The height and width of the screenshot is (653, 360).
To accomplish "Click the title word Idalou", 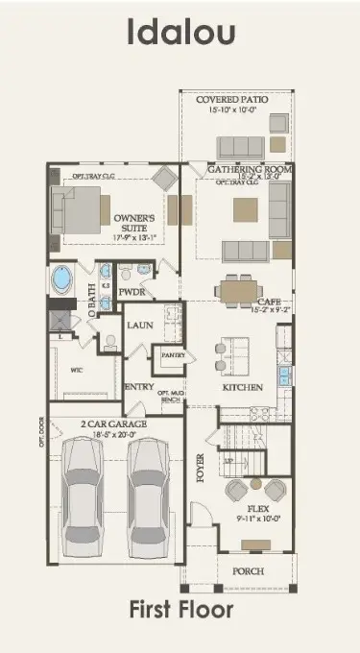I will pyautogui.click(x=180, y=34).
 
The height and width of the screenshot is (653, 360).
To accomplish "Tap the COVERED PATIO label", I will pyautogui.click(x=231, y=99).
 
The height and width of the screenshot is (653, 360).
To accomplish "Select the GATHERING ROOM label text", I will pyautogui.click(x=250, y=169).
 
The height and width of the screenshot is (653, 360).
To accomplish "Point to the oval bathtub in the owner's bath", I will pyautogui.click(x=62, y=281).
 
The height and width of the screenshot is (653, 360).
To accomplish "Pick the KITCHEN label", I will pyautogui.click(x=243, y=386).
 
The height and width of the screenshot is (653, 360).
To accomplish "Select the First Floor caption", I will pyautogui.click(x=180, y=609).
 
